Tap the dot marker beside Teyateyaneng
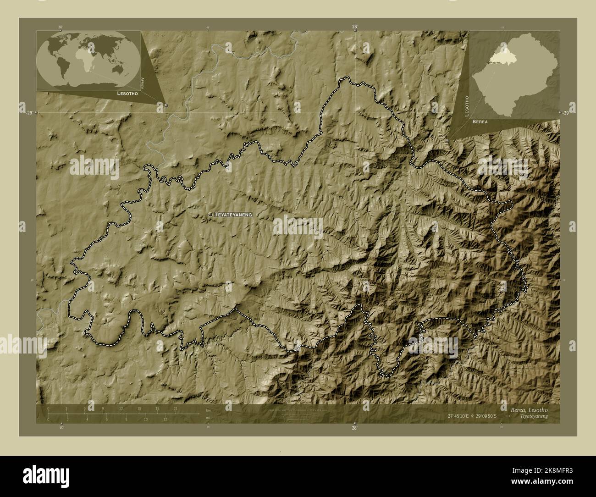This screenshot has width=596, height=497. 210,215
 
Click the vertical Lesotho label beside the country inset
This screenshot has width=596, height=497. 467,106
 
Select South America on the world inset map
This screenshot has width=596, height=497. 62,69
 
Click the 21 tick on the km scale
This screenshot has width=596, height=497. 176,408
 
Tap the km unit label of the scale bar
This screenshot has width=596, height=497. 208,409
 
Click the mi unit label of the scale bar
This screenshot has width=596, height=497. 208,418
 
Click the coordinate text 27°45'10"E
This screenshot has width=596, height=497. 461,416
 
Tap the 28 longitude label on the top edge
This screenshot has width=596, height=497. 354,27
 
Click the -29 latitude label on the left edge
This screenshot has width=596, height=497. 29,113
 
